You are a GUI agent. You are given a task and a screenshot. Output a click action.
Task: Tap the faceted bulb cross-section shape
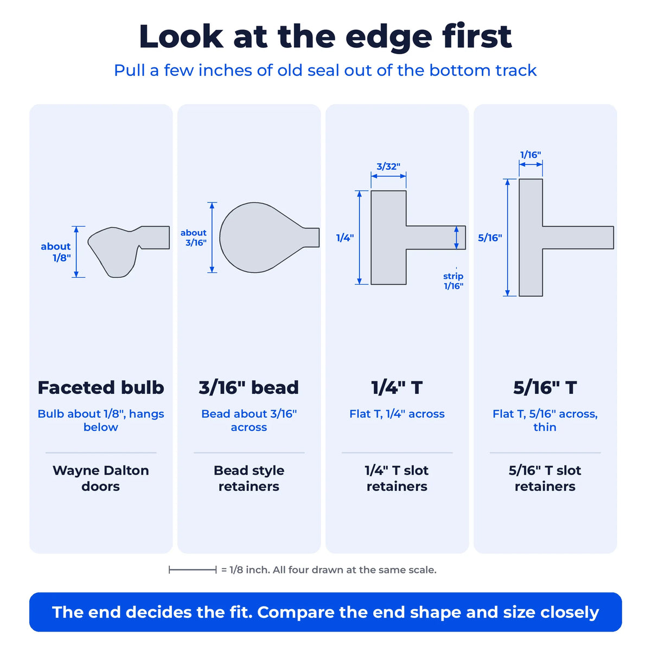125,248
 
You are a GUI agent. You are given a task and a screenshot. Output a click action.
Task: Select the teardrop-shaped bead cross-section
264,238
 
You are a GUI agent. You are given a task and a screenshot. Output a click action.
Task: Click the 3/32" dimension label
388,166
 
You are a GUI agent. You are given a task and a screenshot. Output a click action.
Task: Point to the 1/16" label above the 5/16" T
531,155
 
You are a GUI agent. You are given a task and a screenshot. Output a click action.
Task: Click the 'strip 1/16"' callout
454,281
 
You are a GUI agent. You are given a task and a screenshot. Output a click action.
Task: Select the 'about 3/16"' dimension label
193,238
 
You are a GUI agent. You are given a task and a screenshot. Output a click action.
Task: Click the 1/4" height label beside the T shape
345,238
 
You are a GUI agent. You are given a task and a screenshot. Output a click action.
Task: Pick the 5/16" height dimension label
490,238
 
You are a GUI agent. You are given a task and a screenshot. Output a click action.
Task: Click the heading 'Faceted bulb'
101,387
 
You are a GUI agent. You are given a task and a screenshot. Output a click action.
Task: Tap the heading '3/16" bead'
248,387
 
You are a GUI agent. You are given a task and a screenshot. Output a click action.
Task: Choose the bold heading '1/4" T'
397,387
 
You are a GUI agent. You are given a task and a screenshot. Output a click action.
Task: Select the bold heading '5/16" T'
545,387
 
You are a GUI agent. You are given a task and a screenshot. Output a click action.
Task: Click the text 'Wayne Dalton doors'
101,478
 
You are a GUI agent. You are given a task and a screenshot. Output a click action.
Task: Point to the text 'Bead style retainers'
248,478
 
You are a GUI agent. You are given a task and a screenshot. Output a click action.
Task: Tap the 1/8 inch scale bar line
193,570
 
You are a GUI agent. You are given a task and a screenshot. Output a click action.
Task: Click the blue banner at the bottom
325,612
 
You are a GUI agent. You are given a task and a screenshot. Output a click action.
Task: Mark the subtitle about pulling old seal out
325,71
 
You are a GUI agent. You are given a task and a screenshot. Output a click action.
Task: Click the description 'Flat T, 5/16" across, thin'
545,420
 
